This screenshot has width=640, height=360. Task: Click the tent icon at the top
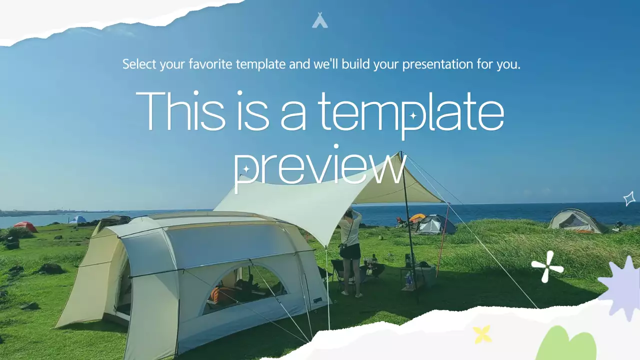click(x=320, y=20)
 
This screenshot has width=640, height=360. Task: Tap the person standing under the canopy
click(x=350, y=250)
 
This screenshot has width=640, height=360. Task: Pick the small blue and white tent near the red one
click(x=77, y=219)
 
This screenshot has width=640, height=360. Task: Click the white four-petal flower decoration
click(x=547, y=266)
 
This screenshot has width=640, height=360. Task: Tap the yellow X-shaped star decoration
click(x=482, y=334)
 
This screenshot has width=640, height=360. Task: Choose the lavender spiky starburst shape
click(x=621, y=287)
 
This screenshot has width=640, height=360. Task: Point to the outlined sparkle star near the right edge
click(x=629, y=198)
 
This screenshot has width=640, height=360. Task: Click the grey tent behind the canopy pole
click(x=434, y=225)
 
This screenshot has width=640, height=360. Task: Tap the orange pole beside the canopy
click(x=442, y=242)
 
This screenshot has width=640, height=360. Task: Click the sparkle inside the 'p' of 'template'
click(x=413, y=116)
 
